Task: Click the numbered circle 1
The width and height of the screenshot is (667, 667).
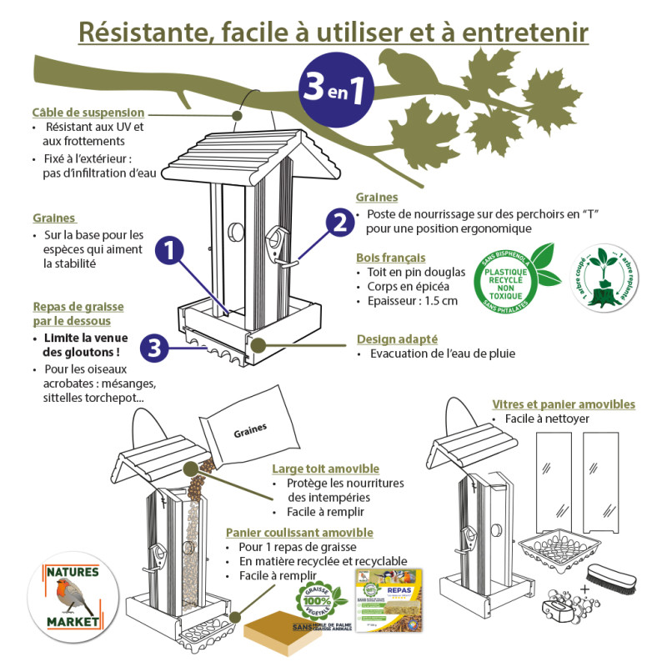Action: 170,249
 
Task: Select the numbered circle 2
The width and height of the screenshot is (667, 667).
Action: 339,223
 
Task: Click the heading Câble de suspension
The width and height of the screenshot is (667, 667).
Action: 88,113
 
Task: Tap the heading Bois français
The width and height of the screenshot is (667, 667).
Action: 390,258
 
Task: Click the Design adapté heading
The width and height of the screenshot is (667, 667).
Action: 394,339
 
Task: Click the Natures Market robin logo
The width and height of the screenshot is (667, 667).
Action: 72,595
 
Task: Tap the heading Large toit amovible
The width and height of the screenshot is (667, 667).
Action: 325,469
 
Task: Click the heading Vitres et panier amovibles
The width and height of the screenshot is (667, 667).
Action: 564,404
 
